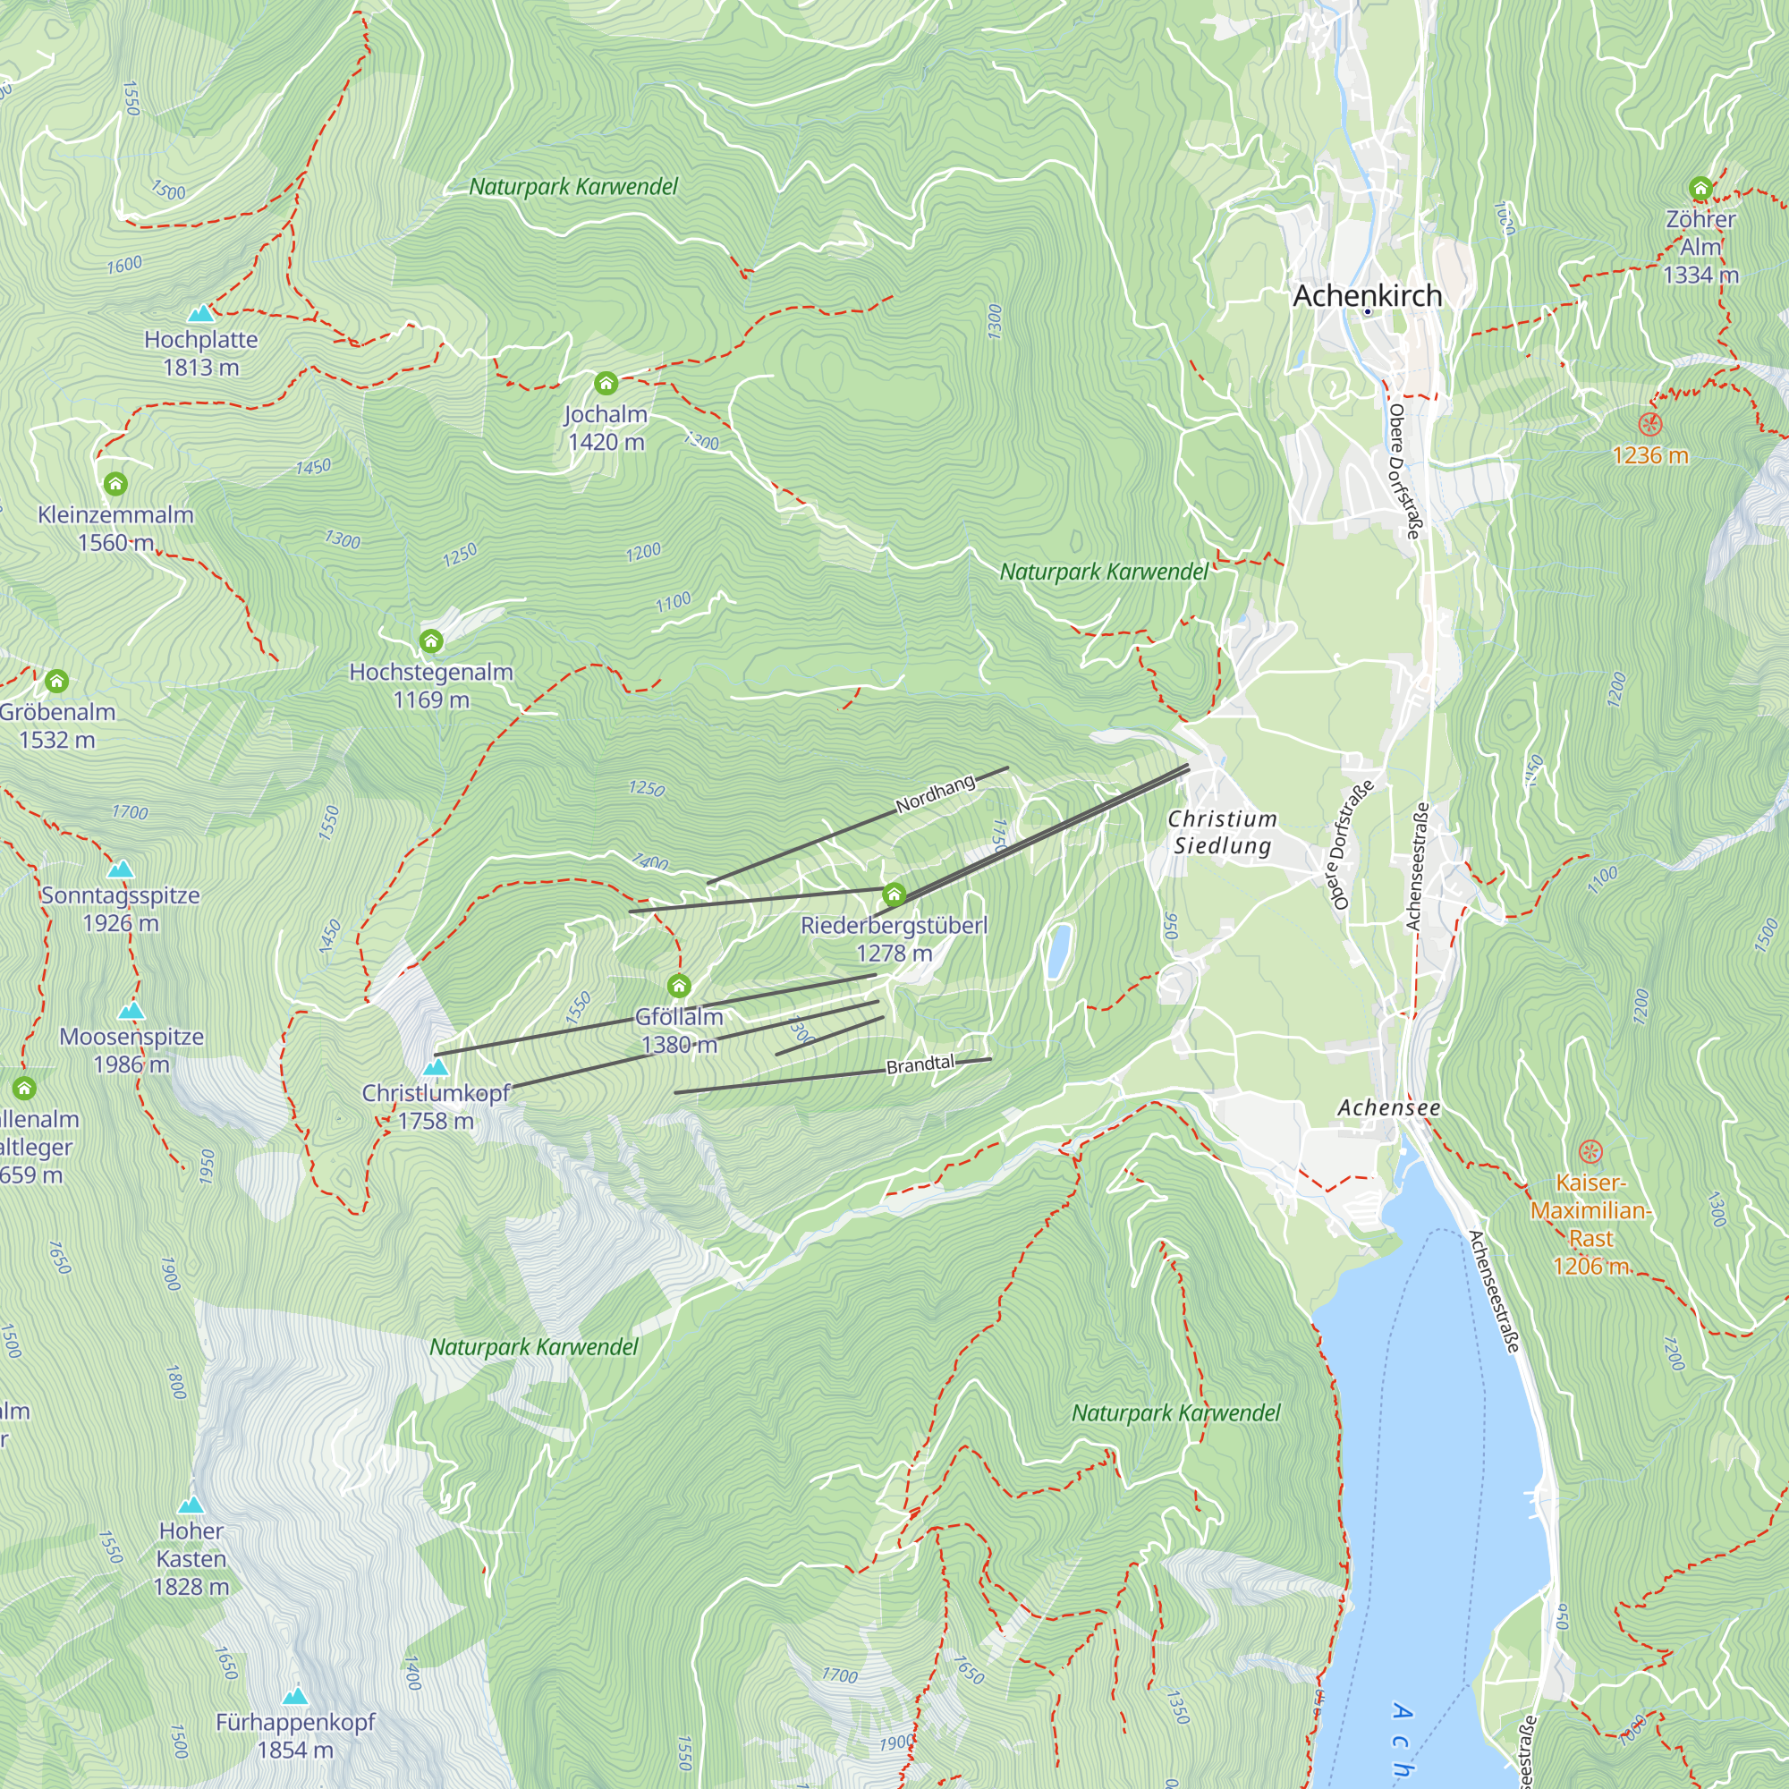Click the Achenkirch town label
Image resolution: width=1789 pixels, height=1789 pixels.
(1367, 295)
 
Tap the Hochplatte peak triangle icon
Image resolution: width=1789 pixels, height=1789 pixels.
(200, 314)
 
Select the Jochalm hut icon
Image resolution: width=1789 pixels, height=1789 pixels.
(606, 383)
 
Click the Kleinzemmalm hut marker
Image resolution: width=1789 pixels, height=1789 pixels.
(114, 483)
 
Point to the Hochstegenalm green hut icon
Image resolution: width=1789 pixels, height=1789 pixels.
(430, 640)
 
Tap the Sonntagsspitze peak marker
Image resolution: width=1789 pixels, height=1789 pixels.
(121, 869)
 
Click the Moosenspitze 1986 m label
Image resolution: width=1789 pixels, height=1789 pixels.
(131, 1050)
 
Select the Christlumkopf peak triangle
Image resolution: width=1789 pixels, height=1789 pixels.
(436, 1067)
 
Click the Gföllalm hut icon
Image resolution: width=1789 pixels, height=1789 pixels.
(679, 985)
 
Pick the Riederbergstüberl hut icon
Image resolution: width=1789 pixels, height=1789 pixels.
(894, 894)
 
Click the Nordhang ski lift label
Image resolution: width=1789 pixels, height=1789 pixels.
(936, 793)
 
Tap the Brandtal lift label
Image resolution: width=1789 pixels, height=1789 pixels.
(920, 1064)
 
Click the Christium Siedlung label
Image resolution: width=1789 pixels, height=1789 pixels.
(1222, 832)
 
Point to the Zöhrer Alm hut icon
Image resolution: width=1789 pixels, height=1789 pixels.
(1700, 189)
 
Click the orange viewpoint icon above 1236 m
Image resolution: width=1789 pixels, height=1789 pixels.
(1650, 425)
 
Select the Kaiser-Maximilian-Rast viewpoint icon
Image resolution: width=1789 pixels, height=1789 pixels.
(1590, 1152)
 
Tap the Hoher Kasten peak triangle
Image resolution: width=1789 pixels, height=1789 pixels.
(191, 1505)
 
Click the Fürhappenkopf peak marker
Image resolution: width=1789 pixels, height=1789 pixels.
(294, 1695)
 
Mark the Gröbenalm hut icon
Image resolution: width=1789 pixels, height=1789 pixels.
(56, 682)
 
